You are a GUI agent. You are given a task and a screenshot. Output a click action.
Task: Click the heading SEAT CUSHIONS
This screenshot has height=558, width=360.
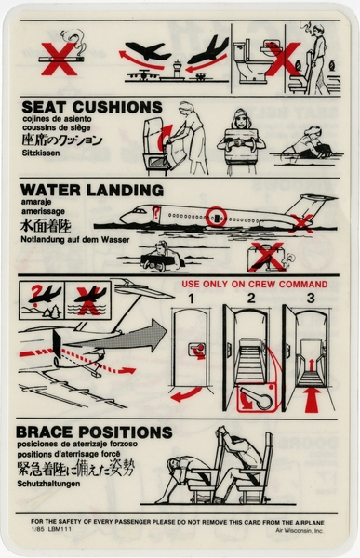pos(90,107)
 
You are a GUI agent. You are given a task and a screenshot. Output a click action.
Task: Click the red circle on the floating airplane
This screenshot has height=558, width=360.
pos(216,217)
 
